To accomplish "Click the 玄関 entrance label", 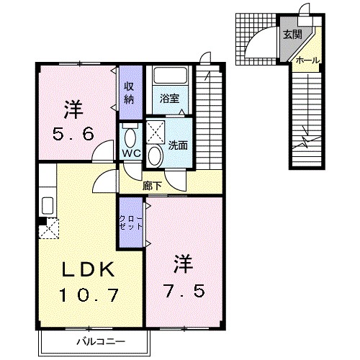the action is pyautogui.click(x=292, y=35).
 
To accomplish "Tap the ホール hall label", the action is pyautogui.click(x=307, y=60).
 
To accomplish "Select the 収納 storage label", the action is pyautogui.click(x=129, y=92).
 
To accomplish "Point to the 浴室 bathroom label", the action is pyautogui.click(x=170, y=99).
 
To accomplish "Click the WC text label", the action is pyautogui.click(x=131, y=153).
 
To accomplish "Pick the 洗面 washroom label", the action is pyautogui.click(x=178, y=145).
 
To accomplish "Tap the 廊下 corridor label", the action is pyautogui.click(x=152, y=186).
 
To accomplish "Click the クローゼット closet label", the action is pyautogui.click(x=131, y=223).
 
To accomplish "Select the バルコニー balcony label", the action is pyautogui.click(x=101, y=341).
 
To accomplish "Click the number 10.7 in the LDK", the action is pyautogui.click(x=89, y=295).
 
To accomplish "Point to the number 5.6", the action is pyautogui.click(x=73, y=134).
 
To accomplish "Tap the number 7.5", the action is pyautogui.click(x=184, y=291).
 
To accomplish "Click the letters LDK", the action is pyautogui.click(x=88, y=269).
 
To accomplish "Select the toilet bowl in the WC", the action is pyautogui.click(x=130, y=138).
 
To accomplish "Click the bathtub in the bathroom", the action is pyautogui.click(x=170, y=76).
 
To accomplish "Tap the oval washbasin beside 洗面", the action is pyautogui.click(x=155, y=156).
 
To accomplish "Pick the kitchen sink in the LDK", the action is pyautogui.click(x=48, y=205).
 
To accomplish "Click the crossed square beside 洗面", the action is pyautogui.click(x=156, y=132).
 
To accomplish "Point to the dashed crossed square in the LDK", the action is pyautogui.click(x=49, y=228).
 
